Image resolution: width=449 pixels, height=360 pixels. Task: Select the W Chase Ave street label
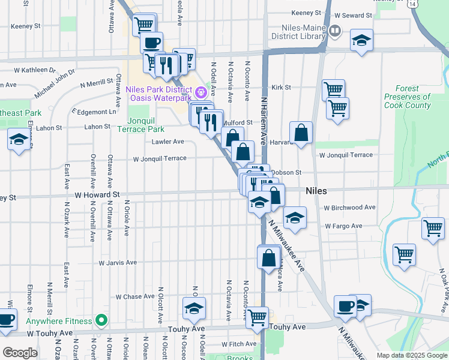[136, 296]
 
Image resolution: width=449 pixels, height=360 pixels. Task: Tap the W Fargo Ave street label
[343, 226]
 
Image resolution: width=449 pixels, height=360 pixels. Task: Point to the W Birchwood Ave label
[349, 208]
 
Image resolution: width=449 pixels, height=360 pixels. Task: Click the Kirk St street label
[281, 87]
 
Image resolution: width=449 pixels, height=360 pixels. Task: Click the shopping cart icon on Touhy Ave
[258, 316]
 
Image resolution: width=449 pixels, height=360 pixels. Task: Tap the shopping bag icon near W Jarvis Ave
[269, 257]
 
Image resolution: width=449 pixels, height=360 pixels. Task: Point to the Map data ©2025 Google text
[412, 355]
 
